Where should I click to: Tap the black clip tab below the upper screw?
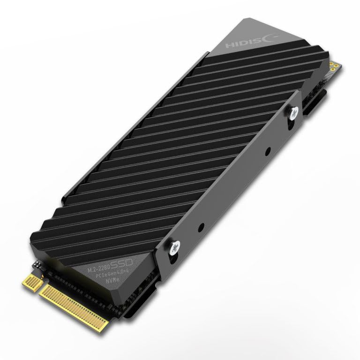coord(310,106)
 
